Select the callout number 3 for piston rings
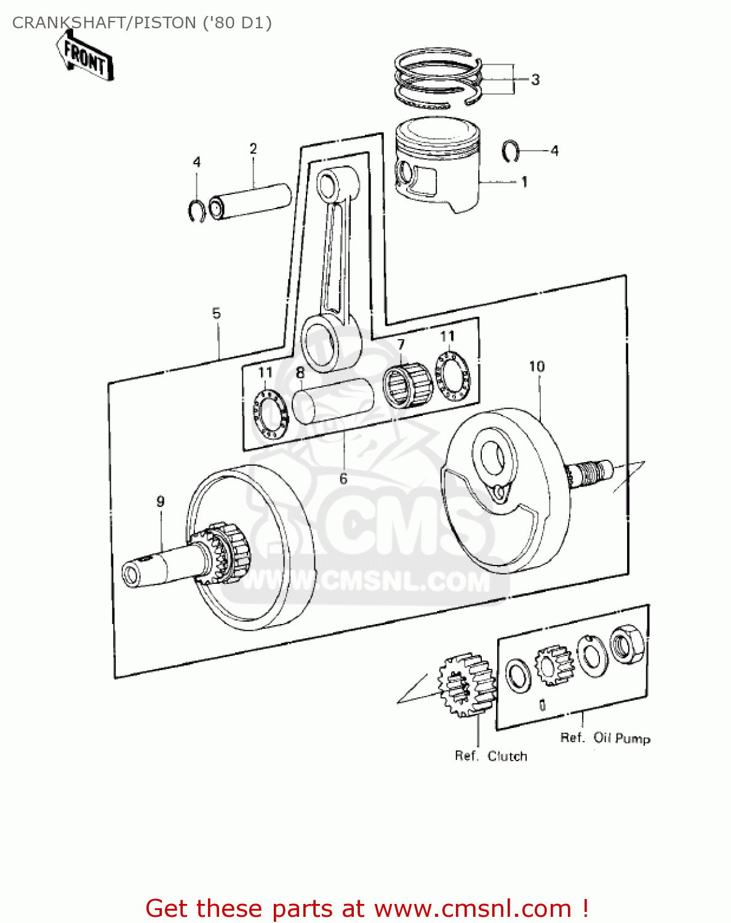(x=535, y=79)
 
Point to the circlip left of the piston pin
(x=196, y=210)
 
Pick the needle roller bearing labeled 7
(x=406, y=385)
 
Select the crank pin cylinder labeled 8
(x=333, y=401)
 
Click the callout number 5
(x=216, y=313)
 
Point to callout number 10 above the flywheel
(x=537, y=367)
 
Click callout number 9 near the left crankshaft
(x=161, y=501)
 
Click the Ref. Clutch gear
(x=466, y=684)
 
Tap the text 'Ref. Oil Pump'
(x=605, y=738)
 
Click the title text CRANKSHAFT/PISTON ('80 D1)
(x=142, y=23)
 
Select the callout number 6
(x=343, y=478)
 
